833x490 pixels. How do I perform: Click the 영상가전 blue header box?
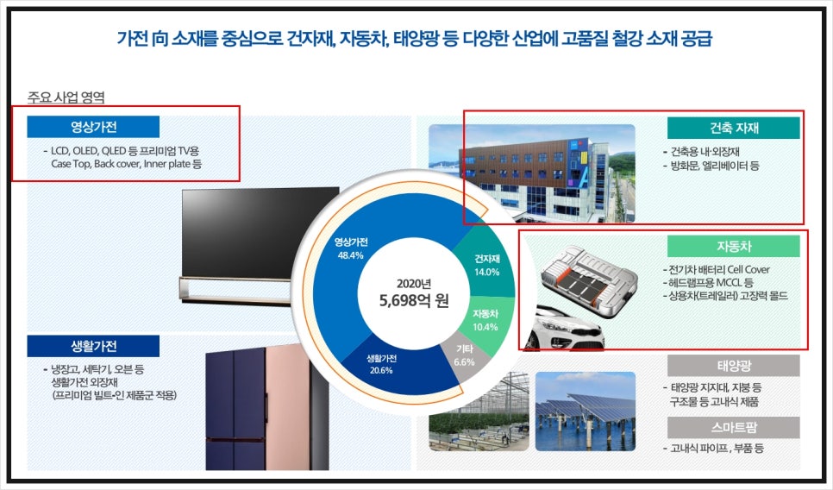click(93, 127)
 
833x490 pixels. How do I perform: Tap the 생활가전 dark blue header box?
click(93, 346)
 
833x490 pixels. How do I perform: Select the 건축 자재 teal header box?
click(733, 128)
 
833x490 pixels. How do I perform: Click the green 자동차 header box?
click(733, 247)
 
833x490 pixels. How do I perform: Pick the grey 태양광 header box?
click(733, 366)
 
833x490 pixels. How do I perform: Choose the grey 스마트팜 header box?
click(733, 427)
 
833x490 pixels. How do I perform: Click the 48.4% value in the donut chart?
click(351, 255)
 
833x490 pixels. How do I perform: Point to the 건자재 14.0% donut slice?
click(486, 264)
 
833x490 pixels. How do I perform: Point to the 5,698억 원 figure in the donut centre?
click(414, 301)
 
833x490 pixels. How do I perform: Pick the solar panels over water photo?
click(585, 411)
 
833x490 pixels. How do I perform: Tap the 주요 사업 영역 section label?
click(66, 97)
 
